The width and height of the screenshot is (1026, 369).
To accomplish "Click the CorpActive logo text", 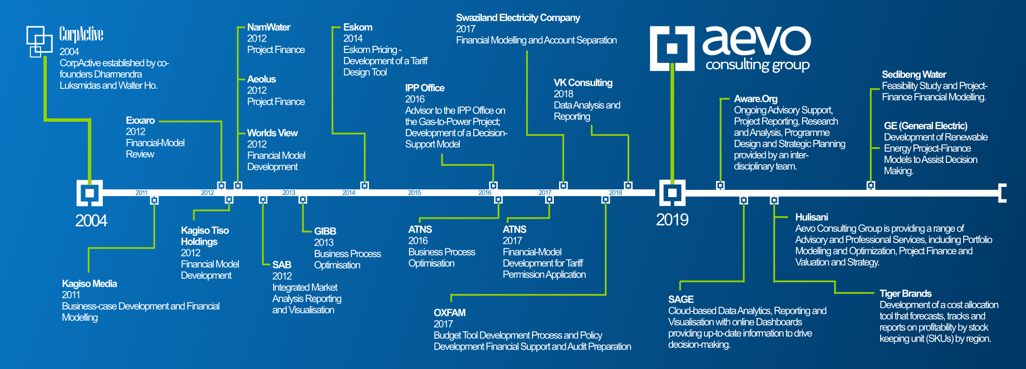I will pyautogui.click(x=81, y=34).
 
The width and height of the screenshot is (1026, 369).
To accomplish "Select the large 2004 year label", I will pyautogui.click(x=91, y=221).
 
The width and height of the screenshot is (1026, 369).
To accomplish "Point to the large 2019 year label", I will pyautogui.click(x=672, y=220).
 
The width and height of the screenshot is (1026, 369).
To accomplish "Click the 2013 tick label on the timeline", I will pyautogui.click(x=289, y=193).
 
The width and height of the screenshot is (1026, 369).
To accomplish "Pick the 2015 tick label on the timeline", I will pyautogui.click(x=414, y=193).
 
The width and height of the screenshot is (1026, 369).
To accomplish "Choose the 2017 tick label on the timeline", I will pyautogui.click(x=545, y=193).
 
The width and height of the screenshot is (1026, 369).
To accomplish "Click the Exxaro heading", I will pyautogui.click(x=140, y=120).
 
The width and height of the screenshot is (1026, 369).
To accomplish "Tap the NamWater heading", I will pyautogui.click(x=268, y=28).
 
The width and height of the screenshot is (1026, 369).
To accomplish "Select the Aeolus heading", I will pyautogui.click(x=261, y=79).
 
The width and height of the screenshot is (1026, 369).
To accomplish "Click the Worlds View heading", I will pyautogui.click(x=272, y=133).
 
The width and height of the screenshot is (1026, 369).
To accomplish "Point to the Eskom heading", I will pyautogui.click(x=358, y=28).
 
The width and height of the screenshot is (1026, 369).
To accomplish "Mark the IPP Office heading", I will pyautogui.click(x=424, y=88).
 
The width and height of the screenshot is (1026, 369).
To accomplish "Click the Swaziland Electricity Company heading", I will pyautogui.click(x=518, y=18).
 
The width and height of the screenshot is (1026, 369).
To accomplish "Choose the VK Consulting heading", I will pyautogui.click(x=583, y=83).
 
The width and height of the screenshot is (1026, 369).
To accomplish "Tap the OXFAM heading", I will pyautogui.click(x=450, y=312).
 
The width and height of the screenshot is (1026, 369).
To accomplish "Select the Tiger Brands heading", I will pyautogui.click(x=905, y=294).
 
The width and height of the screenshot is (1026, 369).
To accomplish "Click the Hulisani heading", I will pyautogui.click(x=811, y=217).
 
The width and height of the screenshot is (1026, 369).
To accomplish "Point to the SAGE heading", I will pyautogui.click(x=681, y=299).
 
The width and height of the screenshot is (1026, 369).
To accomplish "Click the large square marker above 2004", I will pyautogui.click(x=89, y=193).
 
